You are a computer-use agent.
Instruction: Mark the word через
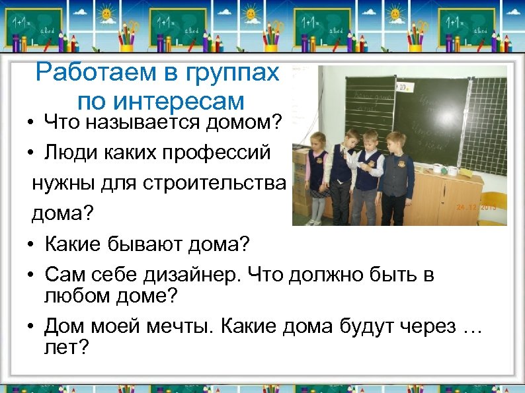coord(420,326)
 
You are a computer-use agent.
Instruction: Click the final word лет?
coord(65,347)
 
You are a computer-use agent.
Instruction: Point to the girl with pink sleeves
coord(317,174)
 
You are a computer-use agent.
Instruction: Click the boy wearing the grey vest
coord(395,178)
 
